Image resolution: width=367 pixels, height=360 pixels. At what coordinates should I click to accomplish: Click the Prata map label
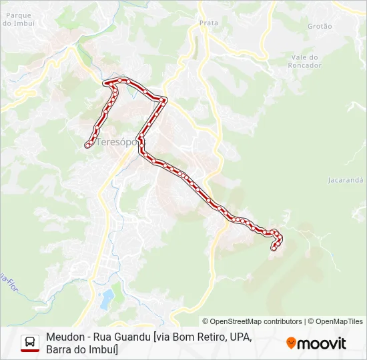209,23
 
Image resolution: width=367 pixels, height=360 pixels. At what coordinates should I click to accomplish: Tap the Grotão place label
320,26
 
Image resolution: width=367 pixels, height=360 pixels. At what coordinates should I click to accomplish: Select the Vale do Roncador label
306,61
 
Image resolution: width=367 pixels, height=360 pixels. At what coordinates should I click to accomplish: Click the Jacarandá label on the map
346,180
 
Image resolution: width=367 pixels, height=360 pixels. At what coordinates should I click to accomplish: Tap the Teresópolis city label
117,142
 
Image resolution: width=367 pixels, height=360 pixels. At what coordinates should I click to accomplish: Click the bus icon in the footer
30,343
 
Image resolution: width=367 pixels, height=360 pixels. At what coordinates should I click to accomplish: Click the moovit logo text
322,343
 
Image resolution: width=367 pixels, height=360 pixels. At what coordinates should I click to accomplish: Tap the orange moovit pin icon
291,343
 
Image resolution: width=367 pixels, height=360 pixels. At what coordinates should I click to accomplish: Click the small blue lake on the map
106,300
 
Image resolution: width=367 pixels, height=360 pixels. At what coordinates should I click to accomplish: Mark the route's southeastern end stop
273,249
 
